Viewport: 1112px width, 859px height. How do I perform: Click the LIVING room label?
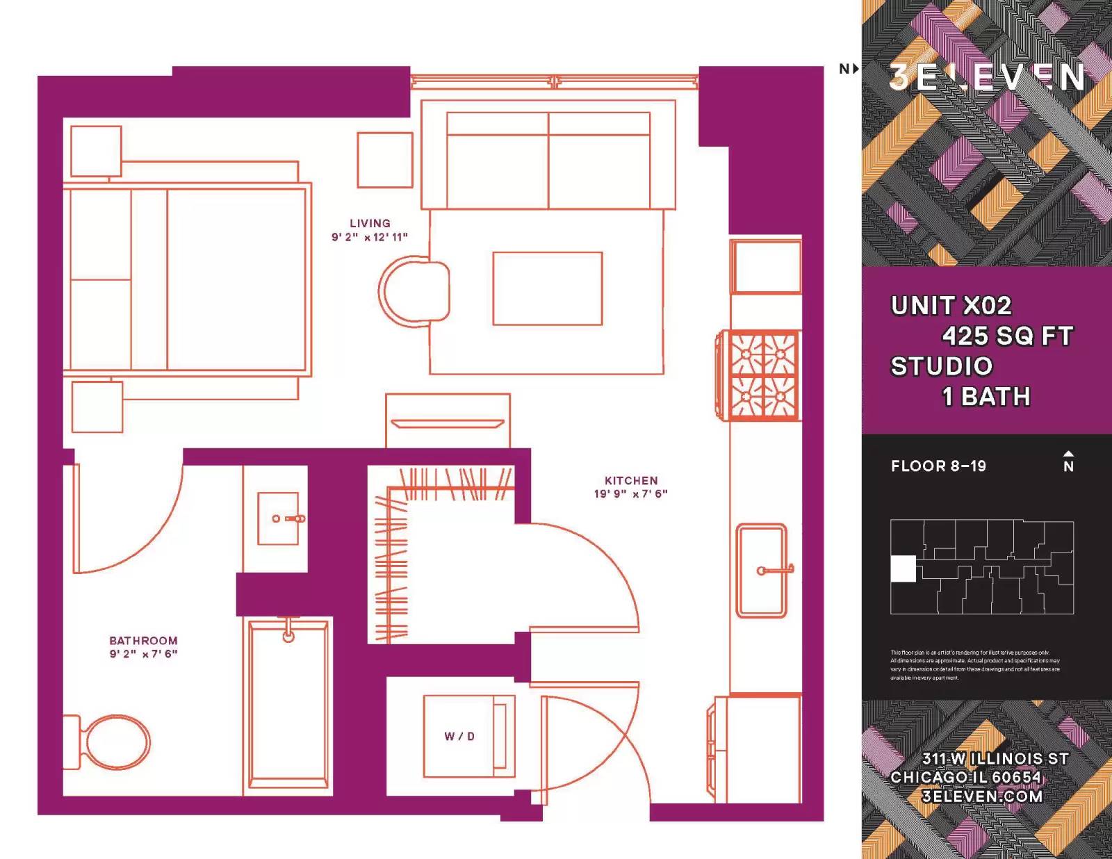(370, 223)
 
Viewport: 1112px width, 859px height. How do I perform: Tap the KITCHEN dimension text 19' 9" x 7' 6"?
(630, 494)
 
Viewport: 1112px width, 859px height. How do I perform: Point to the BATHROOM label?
(143, 640)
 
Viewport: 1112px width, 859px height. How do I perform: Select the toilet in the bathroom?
(111, 742)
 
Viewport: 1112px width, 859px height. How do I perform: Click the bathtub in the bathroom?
(288, 703)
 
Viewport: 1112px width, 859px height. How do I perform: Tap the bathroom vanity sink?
(278, 518)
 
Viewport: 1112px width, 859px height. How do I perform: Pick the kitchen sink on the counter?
(761, 571)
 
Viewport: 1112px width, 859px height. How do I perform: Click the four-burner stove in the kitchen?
(762, 375)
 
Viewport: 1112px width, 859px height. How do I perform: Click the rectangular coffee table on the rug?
(547, 288)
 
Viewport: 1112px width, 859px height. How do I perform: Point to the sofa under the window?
(548, 160)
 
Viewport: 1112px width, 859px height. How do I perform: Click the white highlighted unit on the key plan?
(903, 568)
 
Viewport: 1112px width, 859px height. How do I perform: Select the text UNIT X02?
(951, 306)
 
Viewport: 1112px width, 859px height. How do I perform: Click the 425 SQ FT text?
(1007, 336)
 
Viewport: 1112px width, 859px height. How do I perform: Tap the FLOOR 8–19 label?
(938, 466)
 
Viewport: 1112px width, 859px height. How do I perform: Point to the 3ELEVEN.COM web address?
(981, 796)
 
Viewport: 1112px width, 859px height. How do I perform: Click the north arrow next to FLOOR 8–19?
(1068, 461)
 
